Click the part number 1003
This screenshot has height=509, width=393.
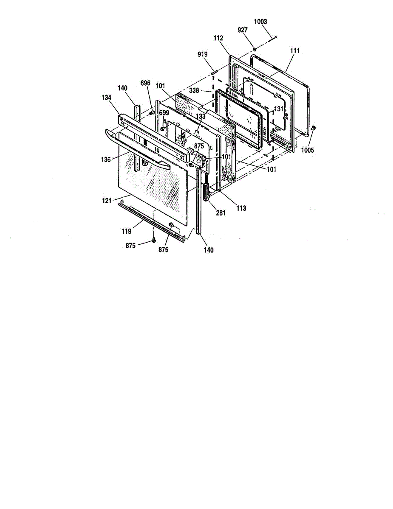tap(260, 22)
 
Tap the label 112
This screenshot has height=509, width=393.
tap(218, 39)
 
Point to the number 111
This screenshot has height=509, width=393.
tap(294, 50)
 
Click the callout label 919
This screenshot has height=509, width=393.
tap(202, 54)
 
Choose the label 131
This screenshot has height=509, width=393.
tap(278, 109)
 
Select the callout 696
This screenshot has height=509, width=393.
tap(145, 84)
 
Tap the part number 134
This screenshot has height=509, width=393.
tap(106, 98)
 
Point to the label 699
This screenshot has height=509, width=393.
tap(164, 112)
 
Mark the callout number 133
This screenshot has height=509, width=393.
tap(201, 116)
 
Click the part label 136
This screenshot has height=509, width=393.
tap(106, 160)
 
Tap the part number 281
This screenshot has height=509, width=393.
tap(220, 213)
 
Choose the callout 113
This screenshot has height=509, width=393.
tap(241, 208)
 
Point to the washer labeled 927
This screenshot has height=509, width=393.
tap(254, 49)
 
